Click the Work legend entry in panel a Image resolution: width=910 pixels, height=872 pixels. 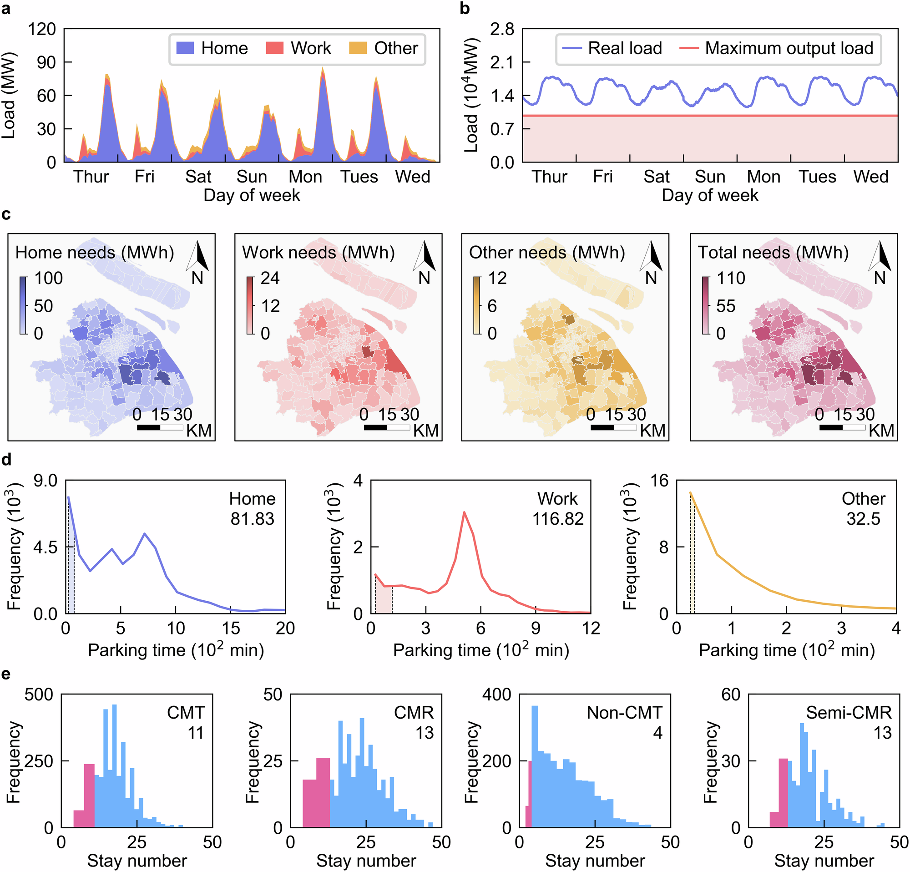point(298,48)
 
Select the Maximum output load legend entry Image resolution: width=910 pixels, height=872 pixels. point(776,48)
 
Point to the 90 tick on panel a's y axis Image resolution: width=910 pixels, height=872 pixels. point(46,63)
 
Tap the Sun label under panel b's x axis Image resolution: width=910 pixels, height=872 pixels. point(709,177)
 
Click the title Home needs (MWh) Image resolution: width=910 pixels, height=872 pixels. point(95,253)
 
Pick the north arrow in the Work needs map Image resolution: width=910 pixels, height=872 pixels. point(425,257)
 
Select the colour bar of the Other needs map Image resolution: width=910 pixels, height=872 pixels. point(477,305)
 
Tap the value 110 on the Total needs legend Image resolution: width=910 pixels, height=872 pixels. point(731,278)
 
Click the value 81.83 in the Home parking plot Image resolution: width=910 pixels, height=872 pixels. point(252,519)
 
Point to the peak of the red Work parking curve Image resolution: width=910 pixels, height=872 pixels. point(464,512)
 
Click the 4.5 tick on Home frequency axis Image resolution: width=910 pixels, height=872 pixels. point(45,548)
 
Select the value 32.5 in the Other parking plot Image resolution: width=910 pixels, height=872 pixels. point(863,519)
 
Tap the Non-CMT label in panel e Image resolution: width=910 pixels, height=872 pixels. point(624,713)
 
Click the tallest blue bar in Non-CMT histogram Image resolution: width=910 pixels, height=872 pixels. point(534,766)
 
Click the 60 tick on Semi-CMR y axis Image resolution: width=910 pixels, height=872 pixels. point(730,695)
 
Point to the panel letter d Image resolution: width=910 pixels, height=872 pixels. point(6,460)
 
